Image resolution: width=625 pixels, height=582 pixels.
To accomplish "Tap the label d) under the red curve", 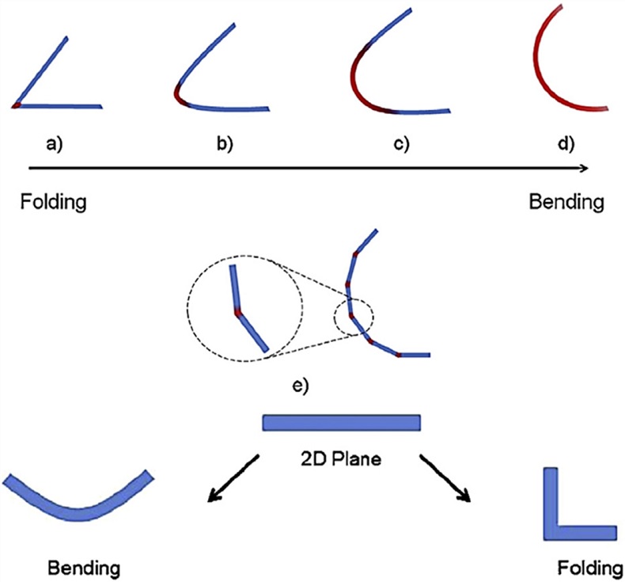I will coord(566,144).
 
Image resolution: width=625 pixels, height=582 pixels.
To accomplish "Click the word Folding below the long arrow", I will coord(53,202).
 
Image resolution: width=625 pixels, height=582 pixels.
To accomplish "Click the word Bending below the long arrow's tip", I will coord(566,202).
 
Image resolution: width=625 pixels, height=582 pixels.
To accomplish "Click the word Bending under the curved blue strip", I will coord(84,568).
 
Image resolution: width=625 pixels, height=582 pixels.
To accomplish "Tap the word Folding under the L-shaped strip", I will coord(589,568).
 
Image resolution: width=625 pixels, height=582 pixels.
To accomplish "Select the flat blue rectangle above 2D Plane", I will coord(341,423).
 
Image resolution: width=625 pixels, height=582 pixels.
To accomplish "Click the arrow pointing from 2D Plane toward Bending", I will coord(233,477).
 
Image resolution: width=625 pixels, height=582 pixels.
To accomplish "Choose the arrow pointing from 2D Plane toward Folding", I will coord(448,477).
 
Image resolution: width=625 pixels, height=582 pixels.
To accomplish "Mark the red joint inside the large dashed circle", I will coord(237,313).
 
